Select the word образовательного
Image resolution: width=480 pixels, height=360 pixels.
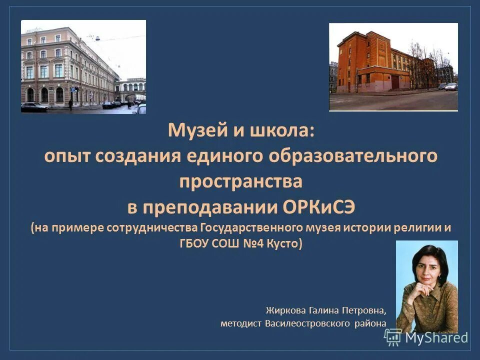coord(355,156)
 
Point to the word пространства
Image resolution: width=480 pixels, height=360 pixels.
coord(240,181)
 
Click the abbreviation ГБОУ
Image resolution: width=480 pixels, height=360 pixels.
coord(195,244)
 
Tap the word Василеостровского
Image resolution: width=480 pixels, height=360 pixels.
coord(307,323)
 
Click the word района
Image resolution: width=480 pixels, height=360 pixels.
coord(370,323)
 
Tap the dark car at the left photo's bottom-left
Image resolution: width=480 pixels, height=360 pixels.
coord(34,106)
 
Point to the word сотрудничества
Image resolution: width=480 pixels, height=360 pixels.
coord(152,228)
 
